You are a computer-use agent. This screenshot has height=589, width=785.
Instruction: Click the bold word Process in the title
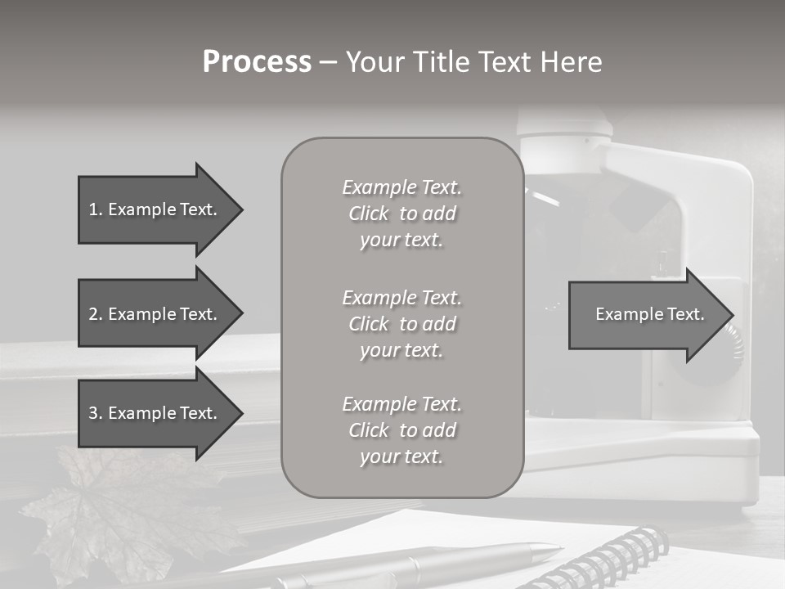[x=257, y=62]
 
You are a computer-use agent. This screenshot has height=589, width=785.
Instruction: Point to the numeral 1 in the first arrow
[x=93, y=209]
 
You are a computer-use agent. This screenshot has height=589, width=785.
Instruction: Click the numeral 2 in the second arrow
[x=93, y=314]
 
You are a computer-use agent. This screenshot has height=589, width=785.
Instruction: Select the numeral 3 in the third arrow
[x=93, y=413]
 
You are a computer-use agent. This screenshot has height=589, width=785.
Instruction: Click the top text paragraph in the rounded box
[x=401, y=214]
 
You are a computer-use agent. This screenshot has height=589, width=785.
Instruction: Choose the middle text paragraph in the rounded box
[x=401, y=324]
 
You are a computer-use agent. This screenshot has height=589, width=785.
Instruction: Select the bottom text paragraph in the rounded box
[x=401, y=430]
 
